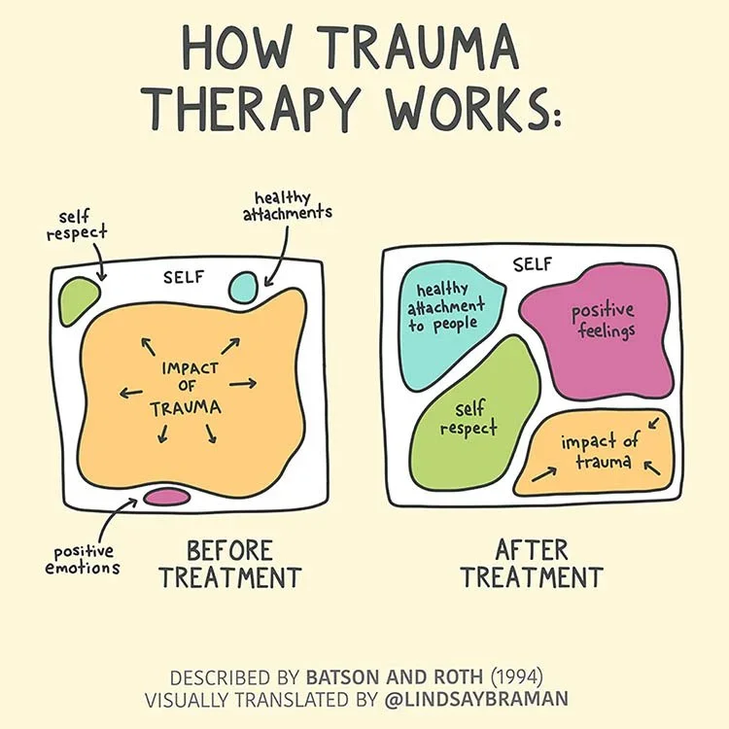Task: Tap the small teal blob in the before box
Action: pos(243,286)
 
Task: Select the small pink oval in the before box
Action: pos(166,497)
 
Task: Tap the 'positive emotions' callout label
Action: pos(82,559)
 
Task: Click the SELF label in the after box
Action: pos(532,262)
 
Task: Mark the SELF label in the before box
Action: pos(184,276)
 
